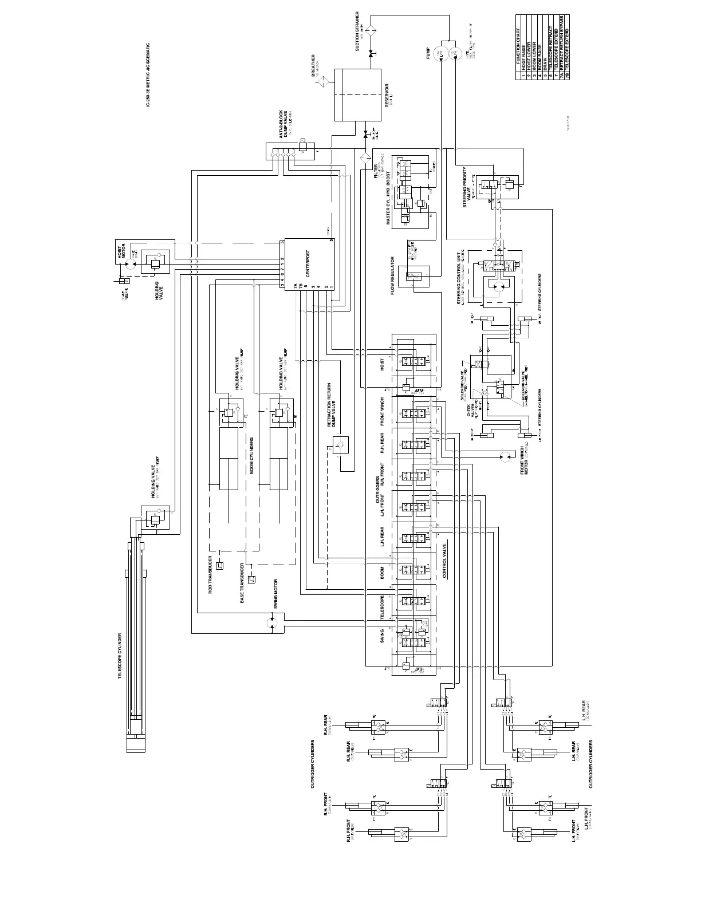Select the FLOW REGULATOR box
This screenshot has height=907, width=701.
(x=413, y=277)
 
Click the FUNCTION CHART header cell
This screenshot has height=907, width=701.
(x=519, y=54)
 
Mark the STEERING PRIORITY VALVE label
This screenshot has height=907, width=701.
(x=467, y=187)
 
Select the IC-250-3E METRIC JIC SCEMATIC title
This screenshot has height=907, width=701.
(x=148, y=76)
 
